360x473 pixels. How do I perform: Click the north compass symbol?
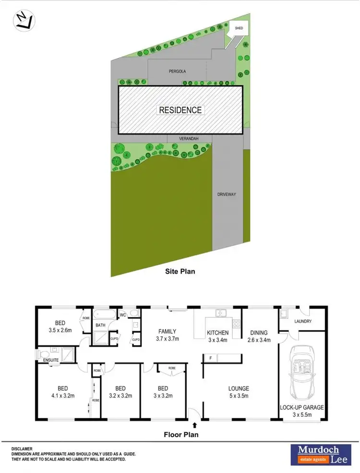tap(24, 20)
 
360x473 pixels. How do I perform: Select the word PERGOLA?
tap(177, 71)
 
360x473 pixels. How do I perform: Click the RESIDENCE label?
tap(180, 110)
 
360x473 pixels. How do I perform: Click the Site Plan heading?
tap(180, 271)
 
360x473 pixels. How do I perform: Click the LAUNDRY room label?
tap(303, 321)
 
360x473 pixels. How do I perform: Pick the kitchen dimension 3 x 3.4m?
tap(217, 340)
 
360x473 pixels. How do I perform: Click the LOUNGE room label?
tap(239, 388)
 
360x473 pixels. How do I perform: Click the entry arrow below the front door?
tap(194, 424)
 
